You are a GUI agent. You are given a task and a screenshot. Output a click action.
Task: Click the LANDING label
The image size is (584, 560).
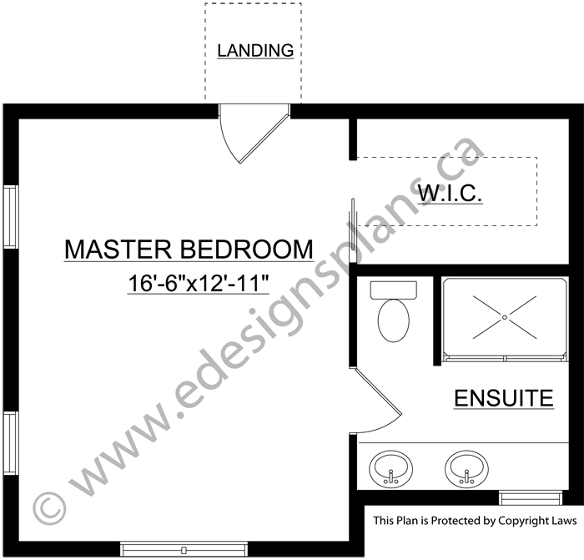[255, 51]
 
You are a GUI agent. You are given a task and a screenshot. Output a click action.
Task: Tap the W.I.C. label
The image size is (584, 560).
[450, 193]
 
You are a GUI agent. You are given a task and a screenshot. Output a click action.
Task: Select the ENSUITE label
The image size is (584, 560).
[504, 398]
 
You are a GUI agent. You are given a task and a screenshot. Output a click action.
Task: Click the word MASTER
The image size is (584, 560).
[118, 250]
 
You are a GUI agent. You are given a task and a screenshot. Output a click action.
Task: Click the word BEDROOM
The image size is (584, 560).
[247, 250]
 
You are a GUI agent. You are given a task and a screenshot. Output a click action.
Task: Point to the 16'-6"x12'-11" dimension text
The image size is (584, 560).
[199, 283]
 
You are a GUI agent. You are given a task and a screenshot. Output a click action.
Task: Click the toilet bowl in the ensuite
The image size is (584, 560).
[393, 320]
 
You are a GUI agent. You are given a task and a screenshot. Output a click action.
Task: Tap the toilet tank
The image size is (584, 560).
[393, 290]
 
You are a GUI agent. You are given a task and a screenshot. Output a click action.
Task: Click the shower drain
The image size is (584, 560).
[505, 317]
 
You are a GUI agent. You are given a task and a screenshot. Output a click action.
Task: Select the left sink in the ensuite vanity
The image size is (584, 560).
[390, 469]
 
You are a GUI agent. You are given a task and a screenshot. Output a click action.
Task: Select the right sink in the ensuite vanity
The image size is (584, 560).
[466, 469]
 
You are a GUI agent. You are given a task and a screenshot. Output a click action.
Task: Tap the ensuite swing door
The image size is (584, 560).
[376, 401]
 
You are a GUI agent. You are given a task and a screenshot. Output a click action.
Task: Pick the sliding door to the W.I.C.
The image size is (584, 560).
[352, 230]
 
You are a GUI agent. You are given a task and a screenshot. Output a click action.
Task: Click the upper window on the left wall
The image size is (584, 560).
[11, 216]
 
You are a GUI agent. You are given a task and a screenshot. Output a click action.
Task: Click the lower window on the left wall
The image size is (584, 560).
[11, 443]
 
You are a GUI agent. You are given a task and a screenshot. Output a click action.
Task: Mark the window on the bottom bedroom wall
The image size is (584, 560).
[184, 549]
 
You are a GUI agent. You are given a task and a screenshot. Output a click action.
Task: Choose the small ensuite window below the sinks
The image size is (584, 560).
[531, 498]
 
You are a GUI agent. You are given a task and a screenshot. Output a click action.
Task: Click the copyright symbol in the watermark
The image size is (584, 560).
[49, 507]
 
